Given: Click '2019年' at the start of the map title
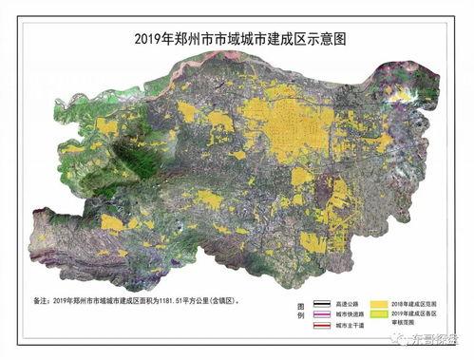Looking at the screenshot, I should [151, 41].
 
